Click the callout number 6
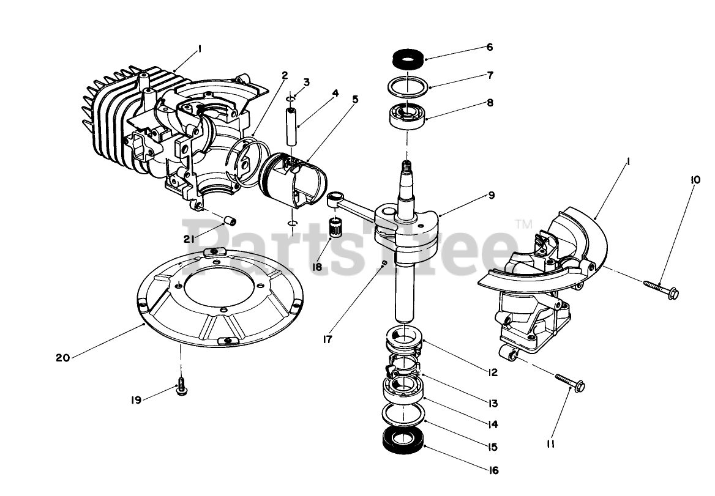tap(489, 47)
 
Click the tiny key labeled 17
tap(383, 263)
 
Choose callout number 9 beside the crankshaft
tap(491, 196)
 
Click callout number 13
tap(493, 403)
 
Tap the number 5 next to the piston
tap(355, 98)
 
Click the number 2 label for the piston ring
tap(285, 75)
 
